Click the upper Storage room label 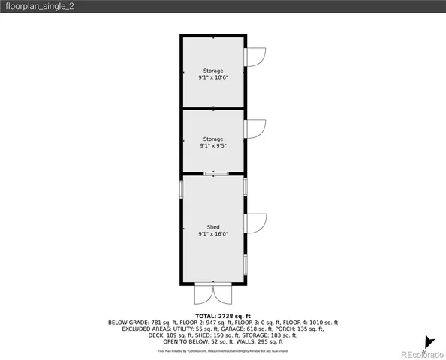coord(213,70)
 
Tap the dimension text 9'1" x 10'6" coord(213,77)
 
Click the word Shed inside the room coord(213,226)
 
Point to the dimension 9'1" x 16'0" coord(213,234)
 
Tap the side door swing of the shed coord(257,223)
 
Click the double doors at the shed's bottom coord(214,293)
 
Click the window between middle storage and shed coord(214,174)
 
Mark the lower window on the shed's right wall coord(246,264)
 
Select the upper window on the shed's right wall coord(246,186)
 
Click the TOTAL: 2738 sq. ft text coord(223,316)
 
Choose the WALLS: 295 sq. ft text coord(261,341)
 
